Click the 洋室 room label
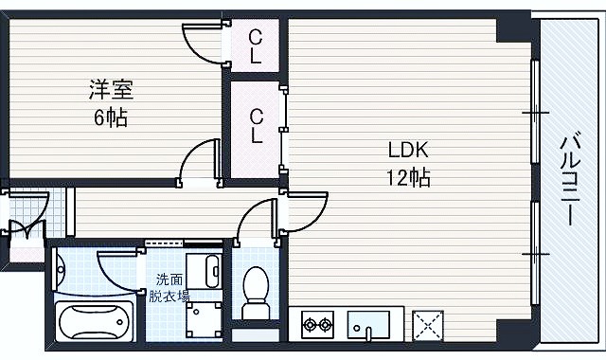[x=111, y=89]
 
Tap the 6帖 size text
[x=111, y=117]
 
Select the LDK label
[x=408, y=150]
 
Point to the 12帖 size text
[x=408, y=178]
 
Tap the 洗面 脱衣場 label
[x=169, y=287]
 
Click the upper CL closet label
[x=255, y=47]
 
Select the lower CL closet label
[x=256, y=126]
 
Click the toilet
[x=255, y=293]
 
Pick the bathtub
[x=95, y=321]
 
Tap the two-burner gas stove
[x=318, y=324]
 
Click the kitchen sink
[x=368, y=325]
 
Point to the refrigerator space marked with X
[x=428, y=325]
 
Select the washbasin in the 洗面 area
[x=204, y=271]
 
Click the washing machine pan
[x=204, y=320]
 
